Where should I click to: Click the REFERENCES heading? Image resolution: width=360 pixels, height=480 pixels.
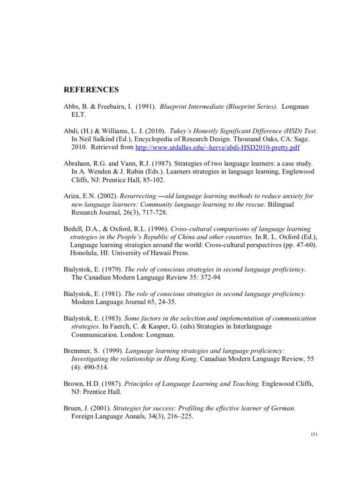pos(91,90)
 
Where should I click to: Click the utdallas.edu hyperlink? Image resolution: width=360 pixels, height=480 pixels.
pos(217,148)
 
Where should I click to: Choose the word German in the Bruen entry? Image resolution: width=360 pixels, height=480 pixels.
pos(283,408)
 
